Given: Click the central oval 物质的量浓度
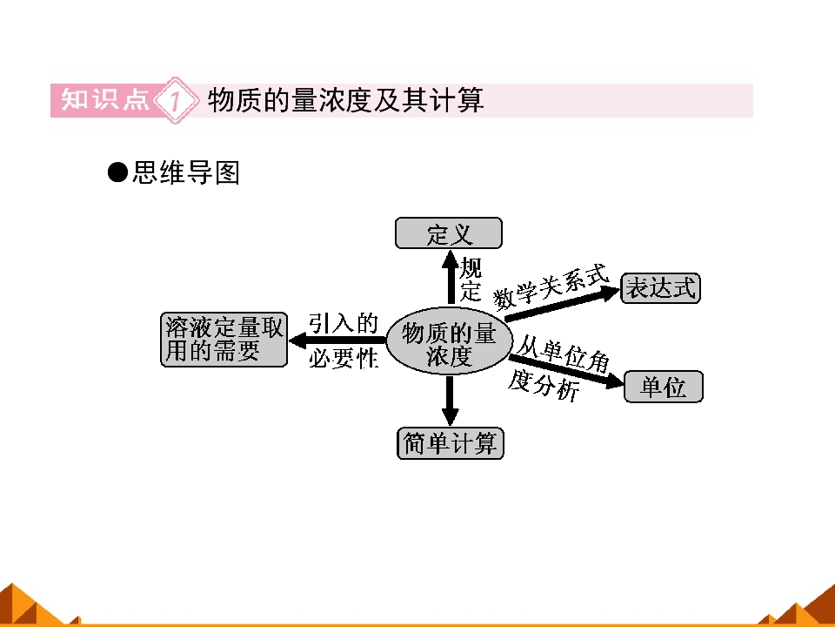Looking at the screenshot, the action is click(x=449, y=341).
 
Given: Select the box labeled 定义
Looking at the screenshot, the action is click(x=449, y=233).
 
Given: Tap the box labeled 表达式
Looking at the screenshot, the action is click(x=660, y=288).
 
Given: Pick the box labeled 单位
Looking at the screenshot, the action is click(x=664, y=387).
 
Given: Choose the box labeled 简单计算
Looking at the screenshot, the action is click(x=451, y=443).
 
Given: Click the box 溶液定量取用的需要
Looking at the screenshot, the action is click(x=224, y=340).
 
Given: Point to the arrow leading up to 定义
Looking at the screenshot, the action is click(x=451, y=278).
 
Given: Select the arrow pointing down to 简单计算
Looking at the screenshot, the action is click(x=451, y=401).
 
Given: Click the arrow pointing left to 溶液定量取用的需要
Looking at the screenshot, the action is click(x=337, y=340).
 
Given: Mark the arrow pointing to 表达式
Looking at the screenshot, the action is click(x=563, y=304).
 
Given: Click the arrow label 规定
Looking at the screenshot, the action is click(x=471, y=279).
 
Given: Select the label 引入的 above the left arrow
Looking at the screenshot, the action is click(x=344, y=323).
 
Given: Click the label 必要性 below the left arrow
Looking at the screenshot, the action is click(x=344, y=358).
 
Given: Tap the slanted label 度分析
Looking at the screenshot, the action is click(x=543, y=385).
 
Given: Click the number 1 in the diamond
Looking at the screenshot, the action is click(x=175, y=100).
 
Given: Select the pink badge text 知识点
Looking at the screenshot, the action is click(x=105, y=99).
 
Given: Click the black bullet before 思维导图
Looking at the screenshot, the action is click(x=117, y=172).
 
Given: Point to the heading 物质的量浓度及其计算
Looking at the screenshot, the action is click(x=345, y=99).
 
